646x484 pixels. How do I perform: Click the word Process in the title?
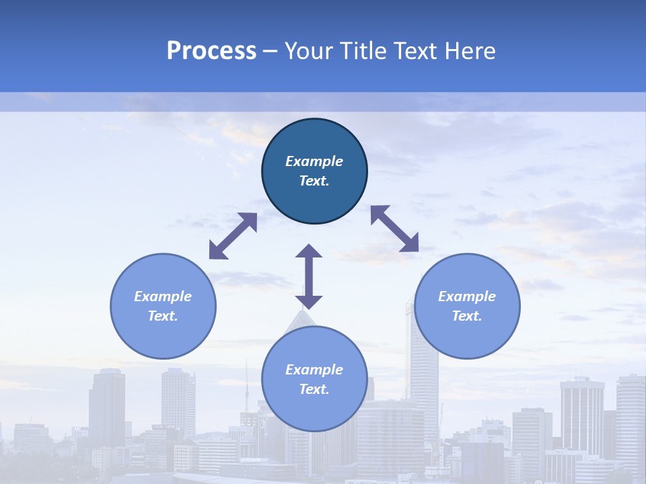[211, 51]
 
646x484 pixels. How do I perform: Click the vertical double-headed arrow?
[309, 276]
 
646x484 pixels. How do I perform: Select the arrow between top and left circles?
[233, 236]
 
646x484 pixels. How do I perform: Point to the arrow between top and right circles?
[394, 229]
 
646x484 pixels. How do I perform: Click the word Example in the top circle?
[314, 161]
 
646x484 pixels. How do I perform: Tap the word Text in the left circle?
[163, 316]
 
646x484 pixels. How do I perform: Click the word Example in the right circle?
[467, 296]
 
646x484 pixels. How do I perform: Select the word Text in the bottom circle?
[314, 389]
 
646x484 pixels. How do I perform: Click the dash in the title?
[271, 51]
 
